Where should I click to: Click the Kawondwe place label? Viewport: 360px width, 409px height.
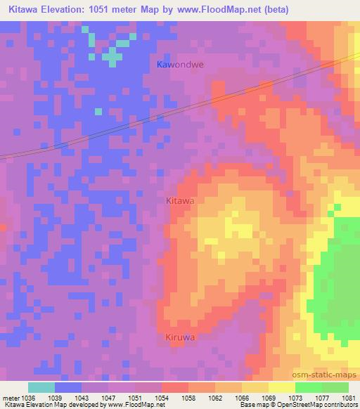179,64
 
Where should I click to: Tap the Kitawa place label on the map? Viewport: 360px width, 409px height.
179,200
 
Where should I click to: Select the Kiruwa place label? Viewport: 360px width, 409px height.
179,337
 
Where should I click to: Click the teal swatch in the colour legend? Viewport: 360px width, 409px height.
41,387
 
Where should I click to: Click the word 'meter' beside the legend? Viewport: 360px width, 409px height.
10,397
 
